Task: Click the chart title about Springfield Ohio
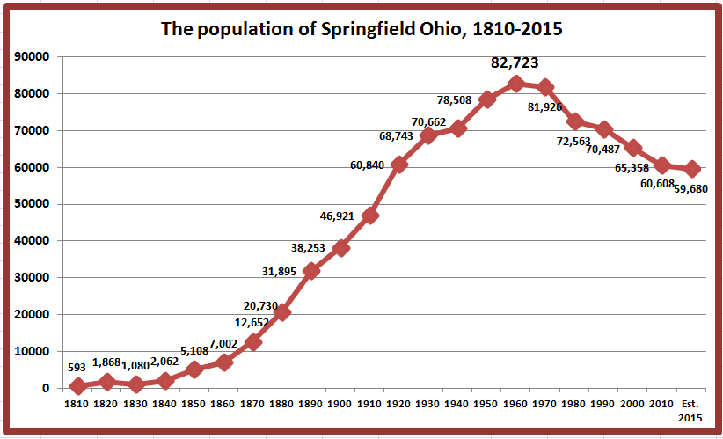click(361, 28)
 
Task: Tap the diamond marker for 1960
click(516, 84)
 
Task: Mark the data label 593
click(78, 368)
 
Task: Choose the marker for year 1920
click(399, 165)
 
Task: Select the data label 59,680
click(690, 188)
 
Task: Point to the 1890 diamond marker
click(311, 271)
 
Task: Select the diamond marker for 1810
click(77, 386)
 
